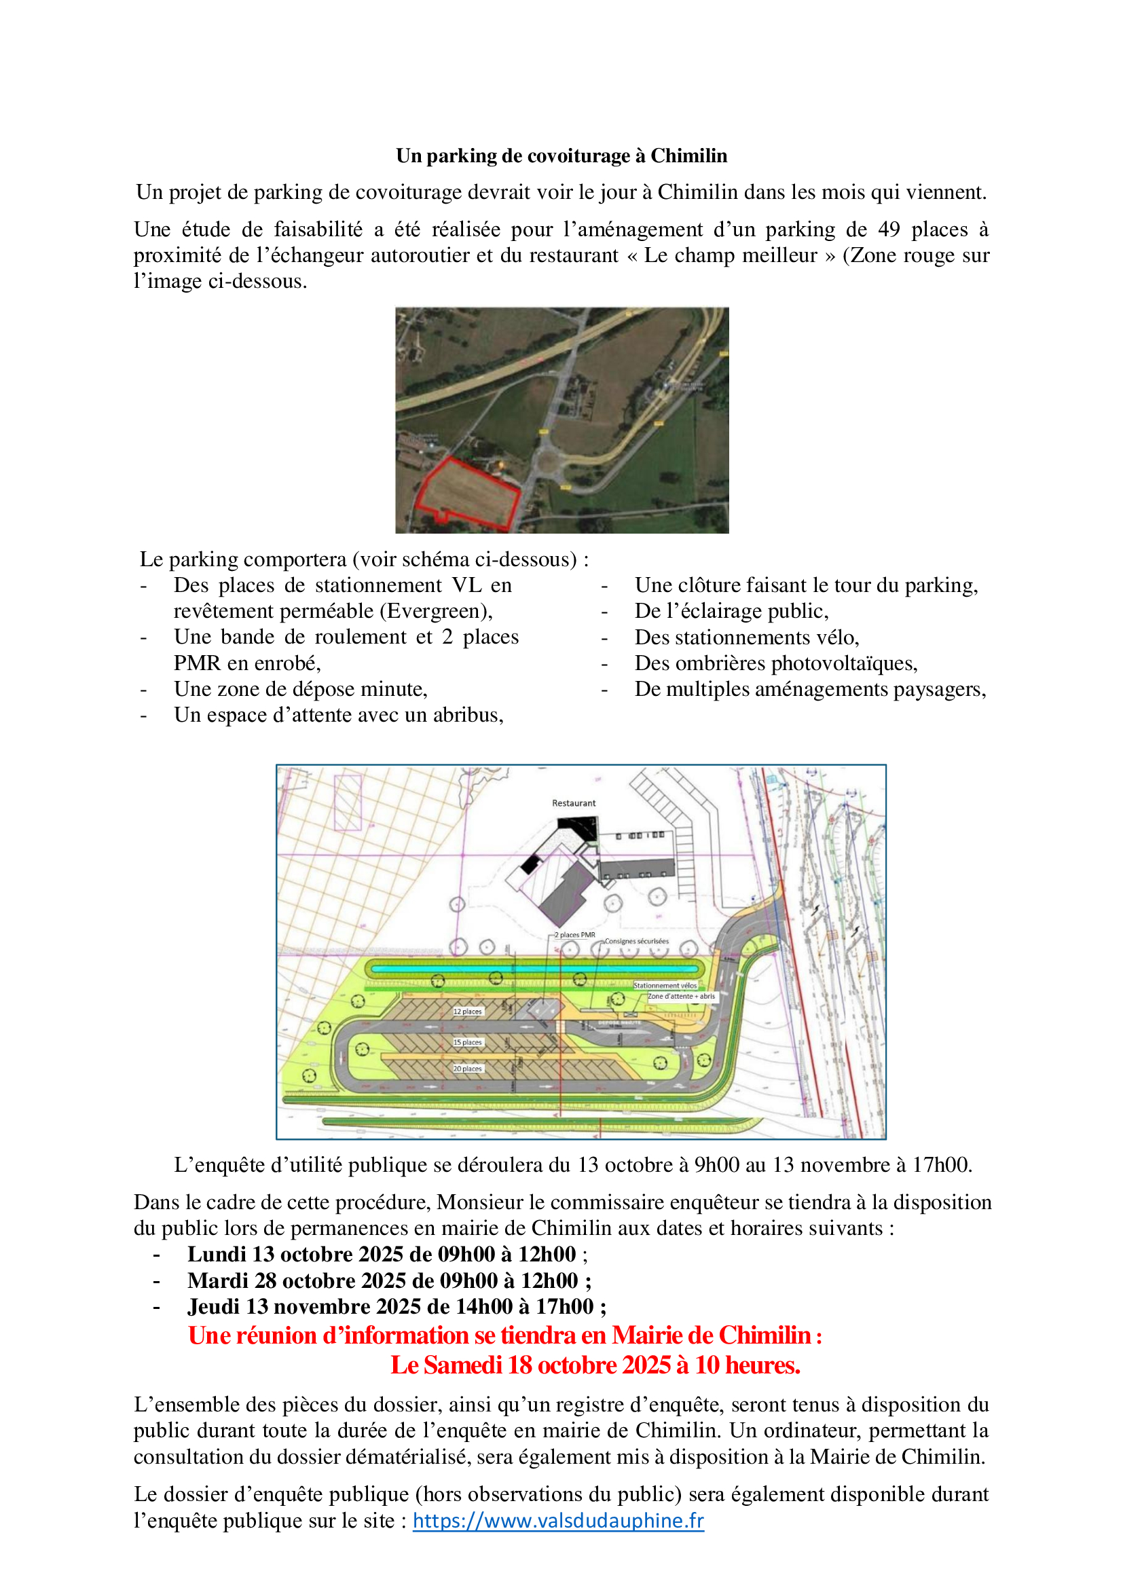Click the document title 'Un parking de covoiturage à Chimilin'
[x=561, y=155]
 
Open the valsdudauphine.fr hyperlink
[x=558, y=1520]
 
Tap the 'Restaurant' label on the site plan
[x=573, y=803]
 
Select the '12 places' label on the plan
[x=467, y=1011]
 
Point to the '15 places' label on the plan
[x=467, y=1041]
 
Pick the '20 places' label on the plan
[x=467, y=1069]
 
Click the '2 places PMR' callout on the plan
[x=574, y=934]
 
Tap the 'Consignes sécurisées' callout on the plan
[x=636, y=941]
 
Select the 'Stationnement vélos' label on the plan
[x=665, y=985]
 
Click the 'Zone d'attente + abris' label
[x=681, y=996]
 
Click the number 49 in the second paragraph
[x=889, y=229]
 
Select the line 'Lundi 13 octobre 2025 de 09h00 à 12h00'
[x=381, y=1254]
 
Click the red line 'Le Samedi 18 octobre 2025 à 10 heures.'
[x=595, y=1365]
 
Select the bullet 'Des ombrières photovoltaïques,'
[x=776, y=663]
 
